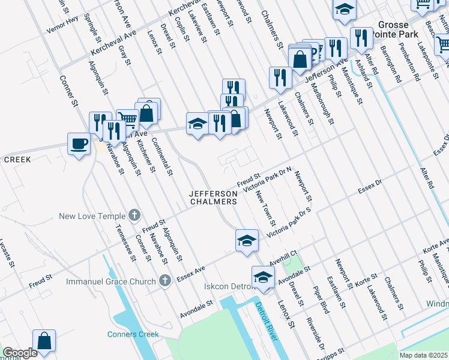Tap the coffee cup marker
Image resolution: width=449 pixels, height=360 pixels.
(x=79, y=144)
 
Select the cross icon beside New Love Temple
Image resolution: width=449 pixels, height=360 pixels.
(x=135, y=215)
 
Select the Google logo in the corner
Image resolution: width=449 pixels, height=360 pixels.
(x=20, y=353)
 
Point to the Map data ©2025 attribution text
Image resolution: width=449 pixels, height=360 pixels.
(x=424, y=355)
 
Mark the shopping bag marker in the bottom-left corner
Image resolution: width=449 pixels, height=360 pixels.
(x=44, y=341)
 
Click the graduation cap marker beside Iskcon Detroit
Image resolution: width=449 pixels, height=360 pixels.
(x=262, y=277)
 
